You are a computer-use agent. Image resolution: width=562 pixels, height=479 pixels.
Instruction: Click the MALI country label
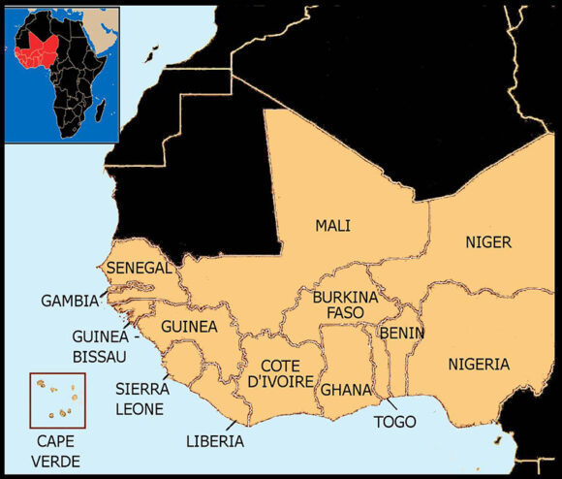(332, 226)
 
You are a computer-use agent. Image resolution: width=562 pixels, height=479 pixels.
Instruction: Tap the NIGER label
(488, 241)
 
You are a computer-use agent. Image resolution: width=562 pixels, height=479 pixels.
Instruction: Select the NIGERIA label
(478, 365)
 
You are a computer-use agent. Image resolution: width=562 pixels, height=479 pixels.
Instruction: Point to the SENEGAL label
(139, 267)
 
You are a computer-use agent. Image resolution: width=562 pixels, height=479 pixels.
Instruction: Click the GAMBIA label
(69, 301)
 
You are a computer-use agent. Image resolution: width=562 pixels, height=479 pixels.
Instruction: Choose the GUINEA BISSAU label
(99, 346)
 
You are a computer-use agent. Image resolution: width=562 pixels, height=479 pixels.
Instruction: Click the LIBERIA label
(215, 441)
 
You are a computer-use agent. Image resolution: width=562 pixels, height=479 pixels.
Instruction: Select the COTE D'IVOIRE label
(280, 373)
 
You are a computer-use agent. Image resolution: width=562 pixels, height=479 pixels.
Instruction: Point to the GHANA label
(346, 390)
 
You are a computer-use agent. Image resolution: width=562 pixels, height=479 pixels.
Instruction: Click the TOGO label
(394, 422)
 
